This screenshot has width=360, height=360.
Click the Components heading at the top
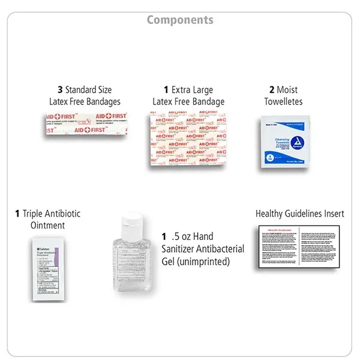[180, 20]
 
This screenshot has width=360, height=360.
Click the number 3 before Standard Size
[60, 90]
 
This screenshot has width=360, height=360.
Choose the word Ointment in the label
[47, 225]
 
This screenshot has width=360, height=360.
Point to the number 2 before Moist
[268, 90]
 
